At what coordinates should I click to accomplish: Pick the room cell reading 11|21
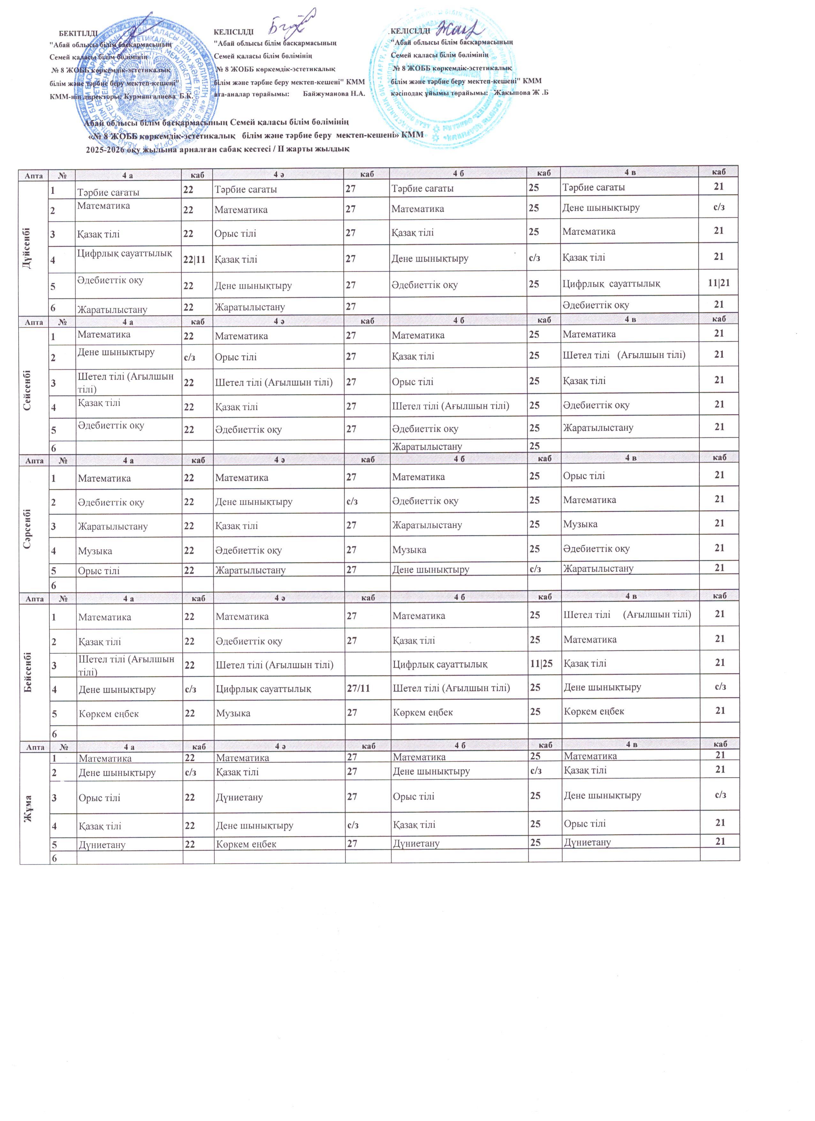[x=718, y=283]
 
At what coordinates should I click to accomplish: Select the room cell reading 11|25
[x=545, y=664]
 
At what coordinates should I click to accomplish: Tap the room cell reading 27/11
[x=358, y=688]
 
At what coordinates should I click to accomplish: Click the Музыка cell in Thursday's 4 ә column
[x=233, y=713]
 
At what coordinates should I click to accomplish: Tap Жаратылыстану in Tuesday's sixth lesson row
[x=427, y=447]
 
